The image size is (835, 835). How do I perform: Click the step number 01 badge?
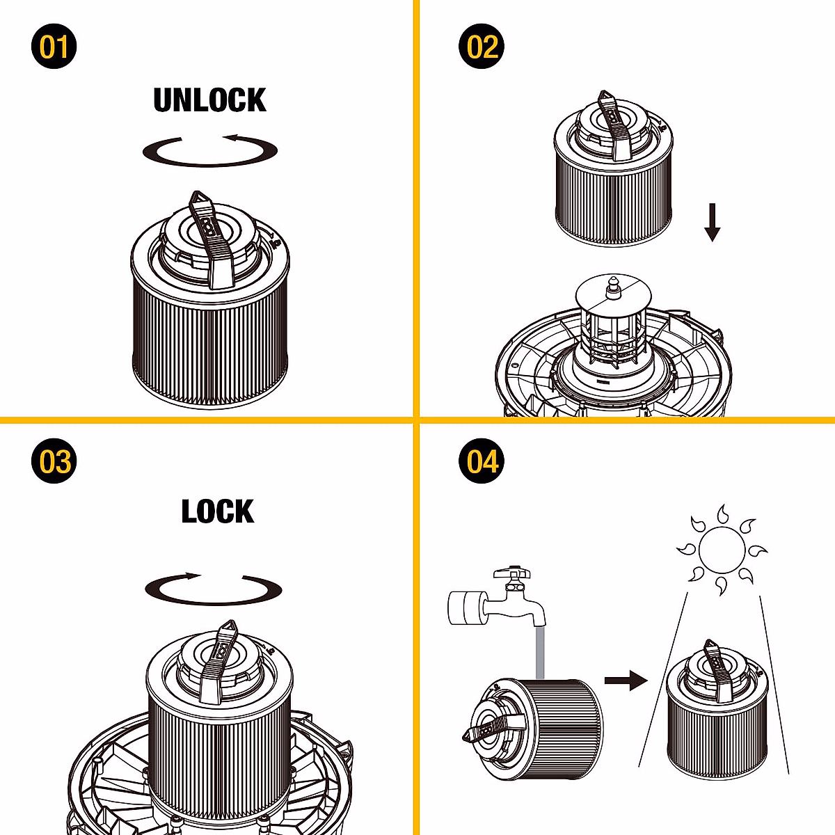(54, 47)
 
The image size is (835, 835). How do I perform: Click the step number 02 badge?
(482, 47)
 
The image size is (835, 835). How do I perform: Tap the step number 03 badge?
(54, 462)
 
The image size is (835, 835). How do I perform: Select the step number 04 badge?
(482, 462)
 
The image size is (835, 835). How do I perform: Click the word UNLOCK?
(209, 100)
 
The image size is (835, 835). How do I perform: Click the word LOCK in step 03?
(218, 512)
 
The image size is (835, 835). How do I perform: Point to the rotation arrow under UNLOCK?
(210, 151)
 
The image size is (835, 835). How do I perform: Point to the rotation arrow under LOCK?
(214, 589)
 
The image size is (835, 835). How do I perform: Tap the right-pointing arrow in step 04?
(626, 680)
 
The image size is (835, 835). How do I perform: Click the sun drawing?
(722, 549)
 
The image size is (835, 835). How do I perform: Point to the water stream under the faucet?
(539, 651)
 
